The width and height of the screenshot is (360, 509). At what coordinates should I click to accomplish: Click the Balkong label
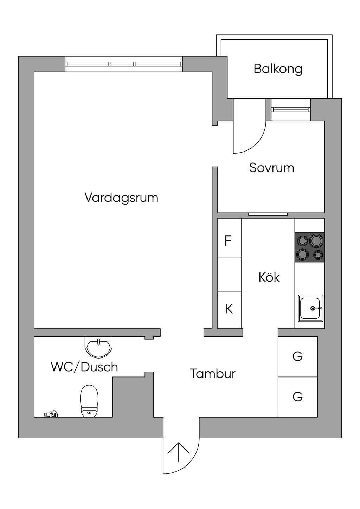[278, 69]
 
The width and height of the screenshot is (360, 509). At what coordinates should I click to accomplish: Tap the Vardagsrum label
[121, 198]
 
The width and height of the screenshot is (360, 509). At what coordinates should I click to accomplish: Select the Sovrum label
[272, 168]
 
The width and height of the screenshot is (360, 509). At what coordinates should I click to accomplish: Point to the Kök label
[269, 277]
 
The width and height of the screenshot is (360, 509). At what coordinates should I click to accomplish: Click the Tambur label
[212, 374]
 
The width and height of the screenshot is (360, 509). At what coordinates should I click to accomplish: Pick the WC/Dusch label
[84, 367]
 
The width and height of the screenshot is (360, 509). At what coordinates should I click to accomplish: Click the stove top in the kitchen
[309, 247]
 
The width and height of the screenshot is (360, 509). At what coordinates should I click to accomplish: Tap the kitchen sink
[311, 308]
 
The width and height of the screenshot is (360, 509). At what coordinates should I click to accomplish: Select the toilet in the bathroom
[89, 401]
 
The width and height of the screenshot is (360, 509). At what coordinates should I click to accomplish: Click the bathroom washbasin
[98, 347]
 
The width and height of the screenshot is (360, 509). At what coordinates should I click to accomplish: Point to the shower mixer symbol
[51, 414]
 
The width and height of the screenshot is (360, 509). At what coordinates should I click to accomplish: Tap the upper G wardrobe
[297, 356]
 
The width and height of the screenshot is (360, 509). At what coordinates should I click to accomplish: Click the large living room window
[124, 64]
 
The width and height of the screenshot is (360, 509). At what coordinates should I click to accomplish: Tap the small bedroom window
[291, 110]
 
